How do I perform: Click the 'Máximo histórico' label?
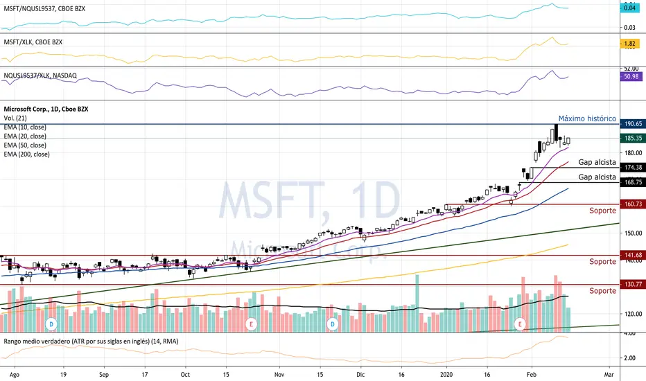587,119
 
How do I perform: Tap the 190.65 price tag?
631,124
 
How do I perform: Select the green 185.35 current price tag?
631,139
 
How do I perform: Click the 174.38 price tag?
631,168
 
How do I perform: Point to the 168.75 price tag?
631,183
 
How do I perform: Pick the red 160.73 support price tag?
631,204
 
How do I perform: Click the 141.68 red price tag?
631,256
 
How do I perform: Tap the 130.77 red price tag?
631,285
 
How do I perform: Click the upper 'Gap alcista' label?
597,161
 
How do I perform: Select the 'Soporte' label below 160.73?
602,211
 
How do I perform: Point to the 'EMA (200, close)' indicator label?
25,154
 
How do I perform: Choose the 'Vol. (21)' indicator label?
15,119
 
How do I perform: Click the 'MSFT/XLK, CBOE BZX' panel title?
33,42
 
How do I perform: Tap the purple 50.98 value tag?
631,77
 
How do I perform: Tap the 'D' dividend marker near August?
51,324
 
